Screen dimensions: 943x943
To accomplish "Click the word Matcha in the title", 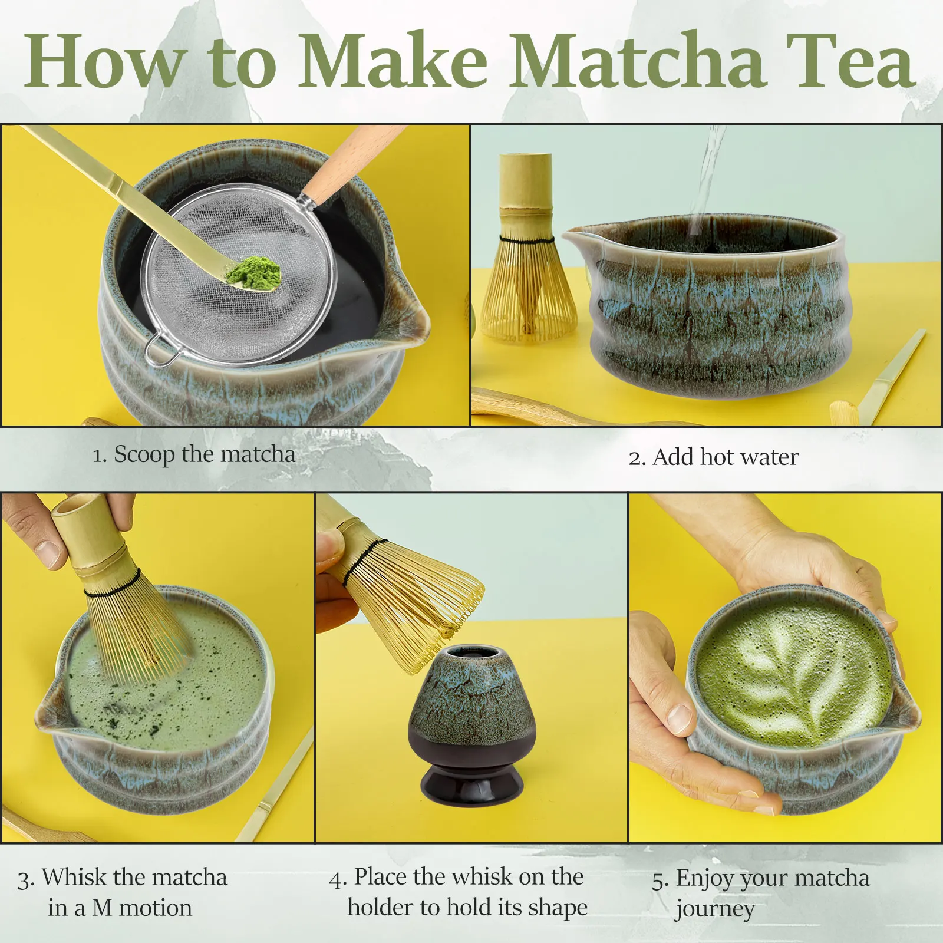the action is point(638,61).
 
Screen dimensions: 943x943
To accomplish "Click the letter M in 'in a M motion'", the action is point(101,908).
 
